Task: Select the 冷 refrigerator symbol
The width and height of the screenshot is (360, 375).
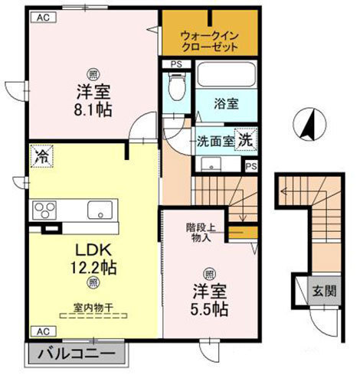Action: [41, 157]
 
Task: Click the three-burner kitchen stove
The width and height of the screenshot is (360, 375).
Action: [44, 210]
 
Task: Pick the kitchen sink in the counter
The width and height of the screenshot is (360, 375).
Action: [100, 210]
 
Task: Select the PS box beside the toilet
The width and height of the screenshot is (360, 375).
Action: [176, 64]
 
